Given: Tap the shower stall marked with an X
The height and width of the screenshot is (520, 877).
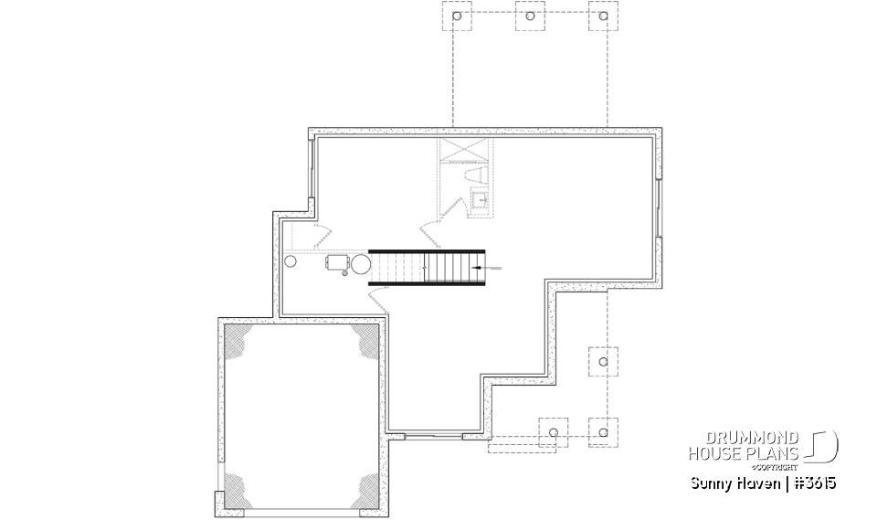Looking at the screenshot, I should coord(463,152).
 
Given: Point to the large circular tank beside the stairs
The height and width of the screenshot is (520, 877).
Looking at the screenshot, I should coord(361,265).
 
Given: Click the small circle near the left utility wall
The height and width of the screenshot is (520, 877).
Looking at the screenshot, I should coord(291,262).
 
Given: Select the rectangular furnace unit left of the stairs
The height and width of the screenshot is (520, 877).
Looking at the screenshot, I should coord(336,262).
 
